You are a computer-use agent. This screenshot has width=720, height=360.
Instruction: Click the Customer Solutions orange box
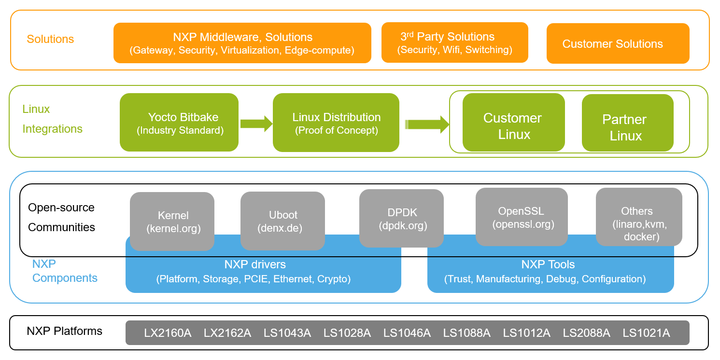click(618, 43)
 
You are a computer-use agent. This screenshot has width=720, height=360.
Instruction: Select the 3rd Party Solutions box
click(454, 42)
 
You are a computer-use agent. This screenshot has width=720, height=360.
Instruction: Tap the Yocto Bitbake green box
click(179, 123)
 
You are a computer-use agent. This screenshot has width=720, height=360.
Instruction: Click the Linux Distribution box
click(336, 123)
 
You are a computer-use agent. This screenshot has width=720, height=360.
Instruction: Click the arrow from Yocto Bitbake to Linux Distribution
click(256, 124)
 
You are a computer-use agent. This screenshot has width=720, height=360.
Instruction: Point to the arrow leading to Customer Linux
click(427, 124)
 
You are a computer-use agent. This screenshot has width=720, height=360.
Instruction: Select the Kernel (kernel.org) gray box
click(172, 222)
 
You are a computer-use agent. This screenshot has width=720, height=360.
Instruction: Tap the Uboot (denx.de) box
click(282, 221)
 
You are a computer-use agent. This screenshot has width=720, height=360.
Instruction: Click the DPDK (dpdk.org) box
click(401, 218)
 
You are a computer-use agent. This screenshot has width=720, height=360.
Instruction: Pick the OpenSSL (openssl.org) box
click(522, 217)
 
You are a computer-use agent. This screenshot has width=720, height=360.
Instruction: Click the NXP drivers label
click(255, 264)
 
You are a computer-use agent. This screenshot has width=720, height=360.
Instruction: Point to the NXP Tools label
click(548, 264)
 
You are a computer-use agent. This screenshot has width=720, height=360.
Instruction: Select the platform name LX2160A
click(168, 333)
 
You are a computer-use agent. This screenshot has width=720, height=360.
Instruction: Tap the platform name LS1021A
click(646, 333)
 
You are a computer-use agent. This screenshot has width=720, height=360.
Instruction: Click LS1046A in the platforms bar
click(407, 333)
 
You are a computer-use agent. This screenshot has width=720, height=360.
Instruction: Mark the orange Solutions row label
click(50, 39)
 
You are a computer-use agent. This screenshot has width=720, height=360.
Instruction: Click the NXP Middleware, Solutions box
click(242, 42)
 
